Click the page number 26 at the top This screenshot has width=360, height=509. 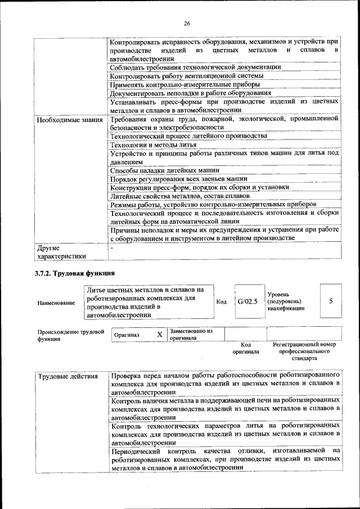[187, 23]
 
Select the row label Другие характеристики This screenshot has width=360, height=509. [61, 251]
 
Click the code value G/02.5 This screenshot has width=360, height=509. [247, 301]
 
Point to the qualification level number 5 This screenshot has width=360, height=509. [331, 301]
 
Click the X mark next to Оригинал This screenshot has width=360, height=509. [159, 335]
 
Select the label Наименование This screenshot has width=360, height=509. [56, 303]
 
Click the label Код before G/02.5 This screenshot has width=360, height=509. [221, 302]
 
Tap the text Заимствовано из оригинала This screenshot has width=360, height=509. [191, 335]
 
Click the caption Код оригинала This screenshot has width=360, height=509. [245, 348]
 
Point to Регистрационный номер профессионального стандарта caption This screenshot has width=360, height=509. [304, 351]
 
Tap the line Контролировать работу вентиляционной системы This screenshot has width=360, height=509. [178, 76]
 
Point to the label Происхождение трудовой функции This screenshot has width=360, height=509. [71, 335]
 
